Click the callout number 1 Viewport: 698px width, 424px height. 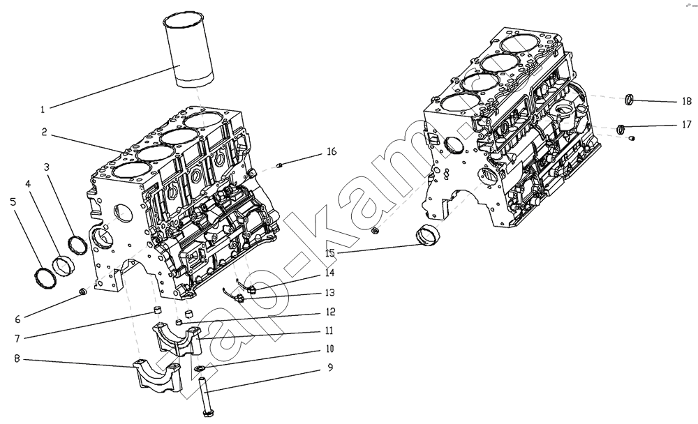point(43,109)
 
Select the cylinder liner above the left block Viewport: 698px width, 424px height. point(187,50)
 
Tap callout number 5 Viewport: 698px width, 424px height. point(13,202)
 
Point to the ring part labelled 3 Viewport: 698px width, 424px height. point(77,245)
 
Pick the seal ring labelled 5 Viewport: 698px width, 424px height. point(46,278)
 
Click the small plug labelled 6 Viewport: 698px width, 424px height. point(82,292)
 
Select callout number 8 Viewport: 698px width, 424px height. point(17,358)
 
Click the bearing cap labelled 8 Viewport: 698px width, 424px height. point(158,377)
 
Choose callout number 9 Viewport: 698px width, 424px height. point(330,368)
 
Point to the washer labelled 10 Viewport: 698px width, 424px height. point(200,368)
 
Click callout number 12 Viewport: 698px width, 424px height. point(330,312)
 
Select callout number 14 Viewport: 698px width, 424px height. point(330,273)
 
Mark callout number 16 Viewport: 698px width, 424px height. point(332,152)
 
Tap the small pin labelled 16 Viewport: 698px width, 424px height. point(280,166)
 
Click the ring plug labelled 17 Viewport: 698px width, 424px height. point(621,130)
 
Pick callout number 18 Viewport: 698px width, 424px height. point(687,101)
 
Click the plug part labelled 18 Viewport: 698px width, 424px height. point(629,100)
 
